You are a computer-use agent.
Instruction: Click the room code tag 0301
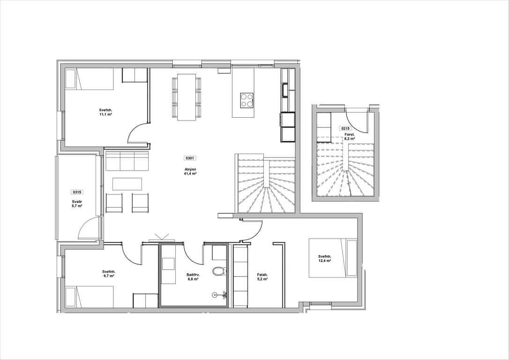189,158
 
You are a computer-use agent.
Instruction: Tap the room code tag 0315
77,192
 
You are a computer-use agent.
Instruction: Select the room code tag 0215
345,128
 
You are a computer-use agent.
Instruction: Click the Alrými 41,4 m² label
190,172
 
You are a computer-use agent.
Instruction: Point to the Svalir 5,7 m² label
77,203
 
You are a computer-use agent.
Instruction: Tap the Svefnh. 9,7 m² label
109,274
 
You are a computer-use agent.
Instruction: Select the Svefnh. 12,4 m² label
325,258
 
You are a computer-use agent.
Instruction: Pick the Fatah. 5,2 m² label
262,277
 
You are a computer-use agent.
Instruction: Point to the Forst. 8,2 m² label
350,136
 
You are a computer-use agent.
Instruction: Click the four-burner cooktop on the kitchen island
247,100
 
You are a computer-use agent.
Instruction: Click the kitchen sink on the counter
285,90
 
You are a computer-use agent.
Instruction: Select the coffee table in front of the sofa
127,183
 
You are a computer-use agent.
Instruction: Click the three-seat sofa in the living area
127,160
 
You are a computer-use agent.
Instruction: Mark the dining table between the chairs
187,97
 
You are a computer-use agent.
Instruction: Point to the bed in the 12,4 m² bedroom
333,258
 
